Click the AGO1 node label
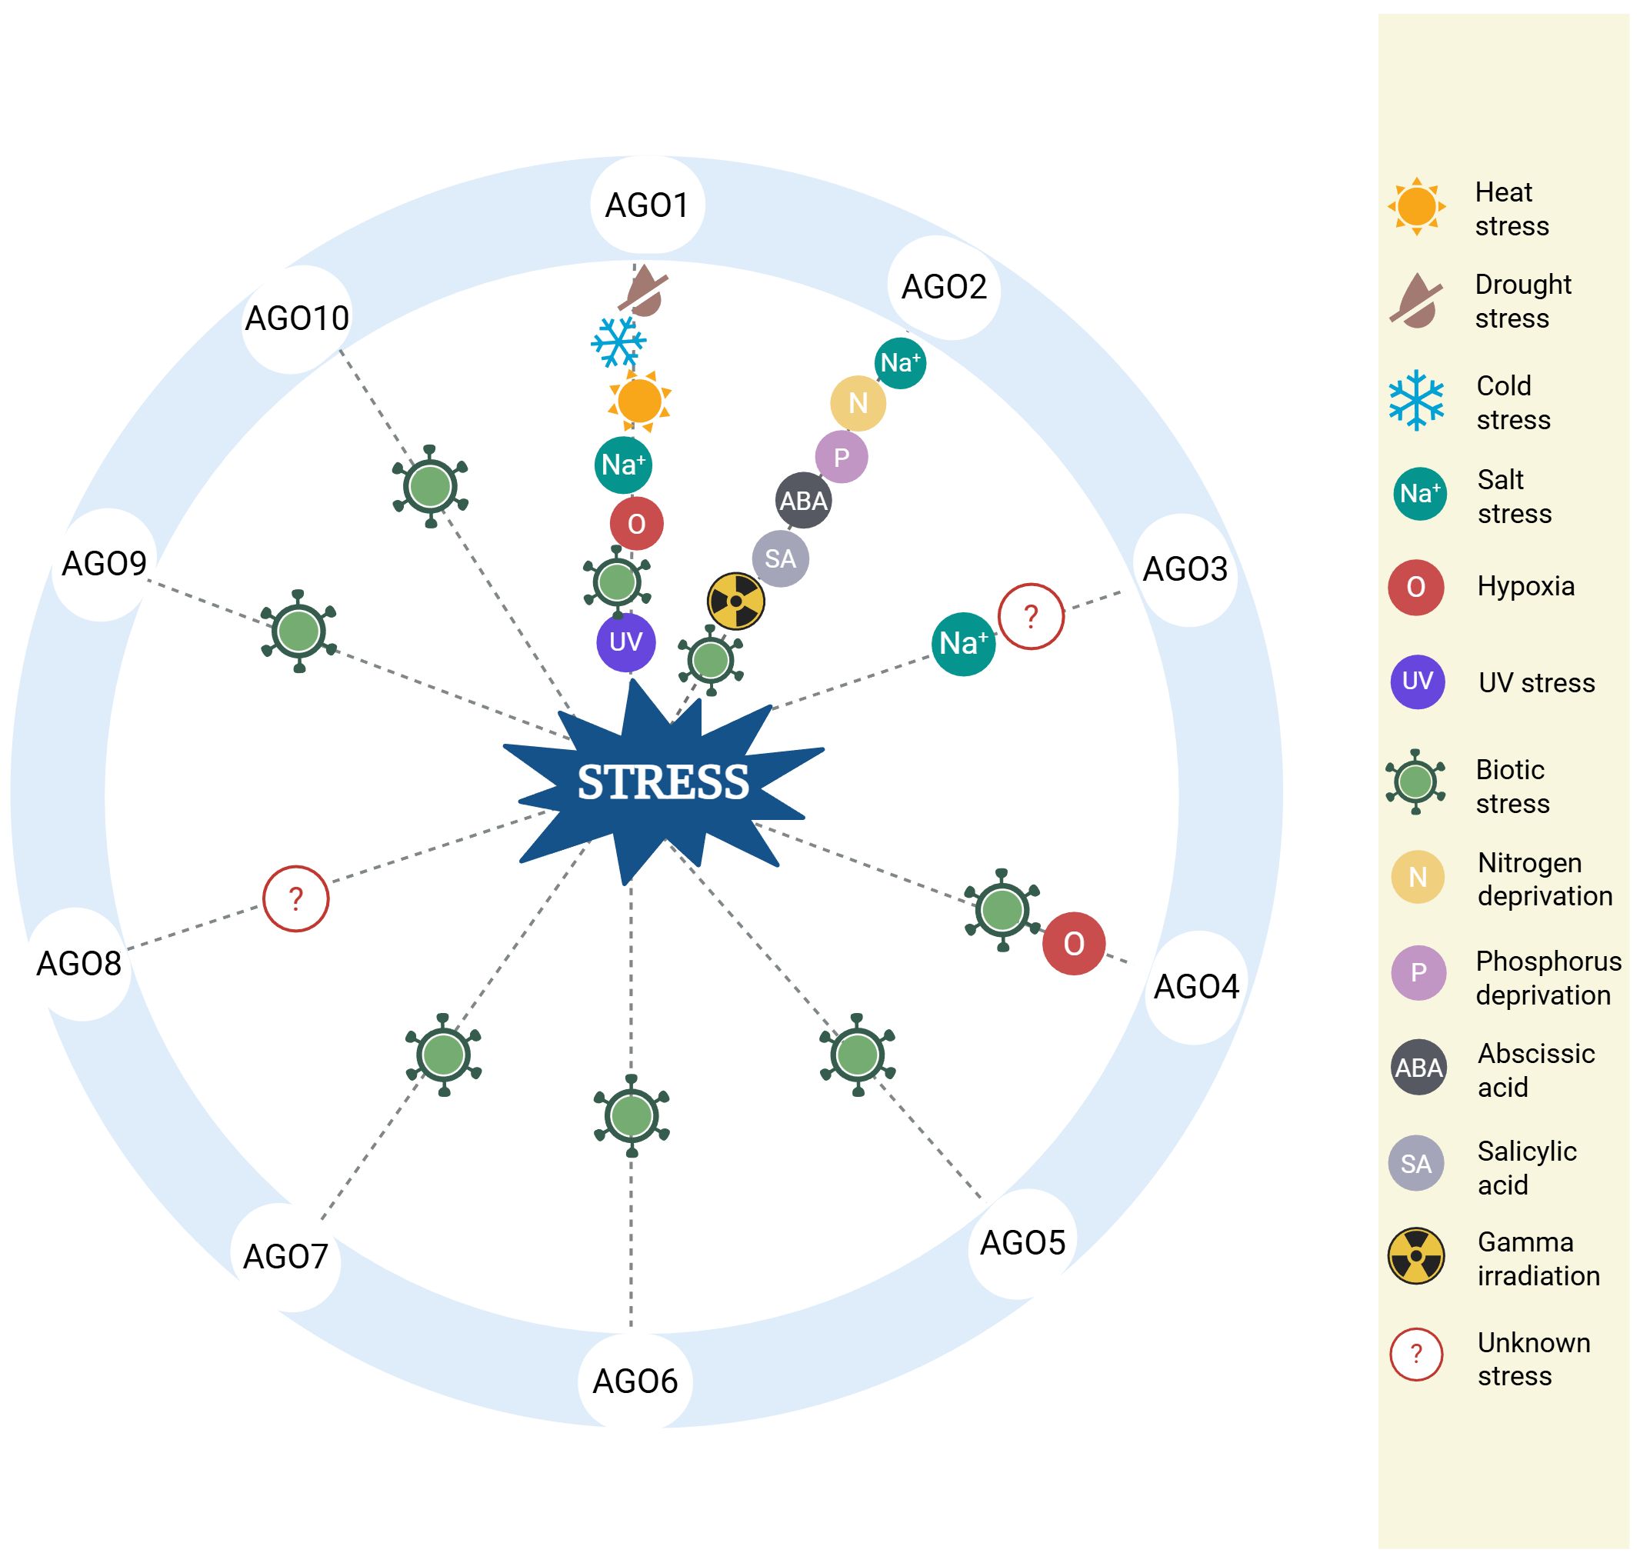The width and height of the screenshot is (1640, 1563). pos(647,205)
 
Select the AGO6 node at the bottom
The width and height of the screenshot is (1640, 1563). pos(635,1381)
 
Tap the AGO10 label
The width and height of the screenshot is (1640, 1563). pos(297,318)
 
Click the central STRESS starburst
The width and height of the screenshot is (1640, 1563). pos(662,781)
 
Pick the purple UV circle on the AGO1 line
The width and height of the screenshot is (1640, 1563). pos(626,642)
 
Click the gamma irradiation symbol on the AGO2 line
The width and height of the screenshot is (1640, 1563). pos(736,601)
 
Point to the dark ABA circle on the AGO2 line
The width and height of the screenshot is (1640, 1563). pos(803,501)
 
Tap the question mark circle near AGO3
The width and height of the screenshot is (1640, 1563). pos(1031,617)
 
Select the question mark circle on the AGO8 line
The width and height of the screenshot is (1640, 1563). pos(296,898)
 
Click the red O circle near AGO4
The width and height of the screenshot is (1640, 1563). pos(1073,943)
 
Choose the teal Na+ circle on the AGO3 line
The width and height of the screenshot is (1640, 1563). pos(963,643)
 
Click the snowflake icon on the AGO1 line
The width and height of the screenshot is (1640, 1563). pos(618,342)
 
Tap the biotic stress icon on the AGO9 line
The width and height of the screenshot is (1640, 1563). pos(299,631)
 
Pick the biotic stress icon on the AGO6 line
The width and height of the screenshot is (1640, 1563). pos(632,1115)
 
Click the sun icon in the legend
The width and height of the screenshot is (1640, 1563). pos(1416,206)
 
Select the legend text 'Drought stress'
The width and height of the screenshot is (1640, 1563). pos(1522,301)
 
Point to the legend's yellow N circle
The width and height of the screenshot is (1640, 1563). pos(1418,878)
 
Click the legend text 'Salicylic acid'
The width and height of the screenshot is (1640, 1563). pos(1526,1168)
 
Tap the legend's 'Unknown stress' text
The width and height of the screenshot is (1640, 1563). pos(1532,1359)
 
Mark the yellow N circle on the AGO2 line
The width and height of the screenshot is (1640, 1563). pos(858,403)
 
